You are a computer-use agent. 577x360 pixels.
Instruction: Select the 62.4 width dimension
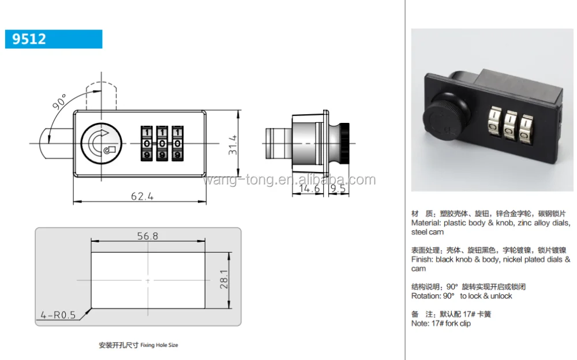pyautogui.click(x=142, y=196)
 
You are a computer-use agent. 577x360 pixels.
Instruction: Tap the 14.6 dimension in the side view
pyautogui.click(x=309, y=188)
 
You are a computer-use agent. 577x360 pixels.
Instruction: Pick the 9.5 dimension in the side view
pyautogui.click(x=338, y=188)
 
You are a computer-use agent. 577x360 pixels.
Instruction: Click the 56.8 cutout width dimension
pyautogui.click(x=148, y=236)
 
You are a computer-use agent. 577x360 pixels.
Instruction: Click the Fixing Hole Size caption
pyautogui.click(x=159, y=345)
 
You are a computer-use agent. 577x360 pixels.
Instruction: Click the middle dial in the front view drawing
pyautogui.click(x=163, y=142)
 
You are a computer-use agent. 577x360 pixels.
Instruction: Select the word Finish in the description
pyautogui.click(x=421, y=260)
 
